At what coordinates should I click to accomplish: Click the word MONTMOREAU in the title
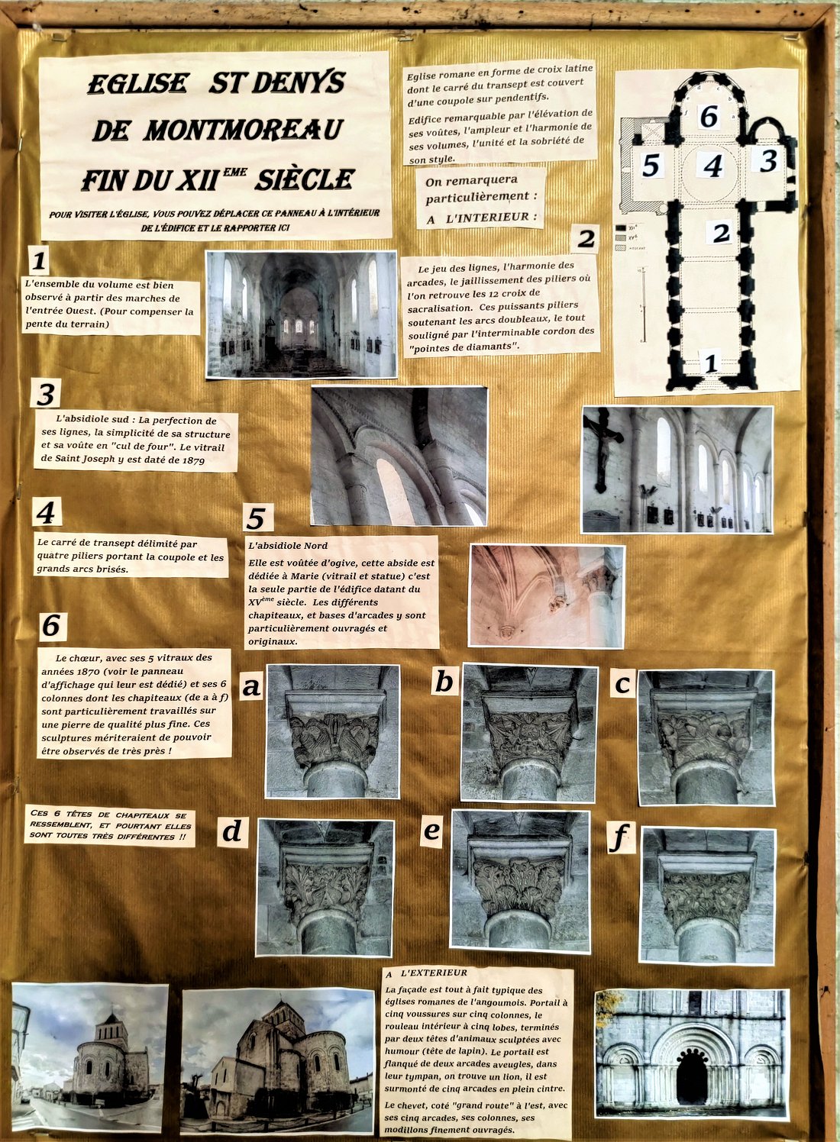244,131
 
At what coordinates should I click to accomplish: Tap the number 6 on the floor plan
709,116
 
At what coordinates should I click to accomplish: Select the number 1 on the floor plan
711,363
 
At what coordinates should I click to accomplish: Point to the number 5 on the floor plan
651,165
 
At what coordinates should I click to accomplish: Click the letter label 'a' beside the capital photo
251,687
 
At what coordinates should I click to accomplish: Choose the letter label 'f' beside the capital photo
619,837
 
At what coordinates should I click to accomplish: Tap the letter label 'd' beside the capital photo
232,831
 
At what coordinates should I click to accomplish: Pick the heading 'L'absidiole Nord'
288,546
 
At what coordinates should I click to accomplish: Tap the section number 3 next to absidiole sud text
46,394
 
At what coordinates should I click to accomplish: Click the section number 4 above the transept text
46,512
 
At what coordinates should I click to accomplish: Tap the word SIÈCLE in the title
305,179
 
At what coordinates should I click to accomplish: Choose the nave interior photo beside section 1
302,315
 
